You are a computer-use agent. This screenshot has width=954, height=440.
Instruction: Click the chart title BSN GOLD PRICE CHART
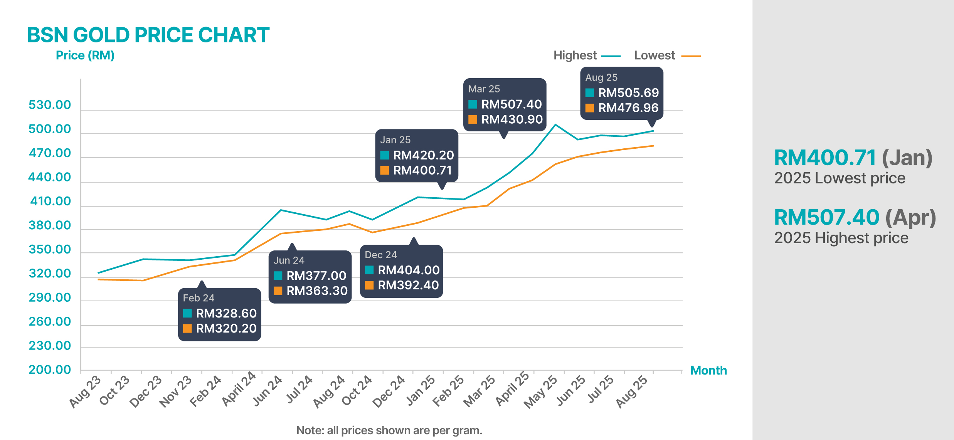point(148,35)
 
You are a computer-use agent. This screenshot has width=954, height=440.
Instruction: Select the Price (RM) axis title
point(85,55)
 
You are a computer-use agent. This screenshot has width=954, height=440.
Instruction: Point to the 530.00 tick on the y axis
point(50,105)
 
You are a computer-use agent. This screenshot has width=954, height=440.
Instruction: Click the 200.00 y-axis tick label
point(50,369)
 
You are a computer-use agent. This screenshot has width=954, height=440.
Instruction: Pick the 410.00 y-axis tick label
point(50,201)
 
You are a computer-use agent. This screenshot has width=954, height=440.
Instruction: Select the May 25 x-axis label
point(540,391)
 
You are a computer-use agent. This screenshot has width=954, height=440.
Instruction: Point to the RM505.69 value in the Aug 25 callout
point(628,93)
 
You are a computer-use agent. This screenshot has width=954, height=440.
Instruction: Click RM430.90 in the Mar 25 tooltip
point(512,119)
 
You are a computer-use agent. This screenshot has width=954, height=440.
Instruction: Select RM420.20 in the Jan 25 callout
point(423,155)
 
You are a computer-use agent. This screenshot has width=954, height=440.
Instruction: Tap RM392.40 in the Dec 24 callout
point(408,285)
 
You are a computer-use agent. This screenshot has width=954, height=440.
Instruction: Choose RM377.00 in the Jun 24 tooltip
point(316,276)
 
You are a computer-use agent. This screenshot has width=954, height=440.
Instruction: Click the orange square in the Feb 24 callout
point(187,328)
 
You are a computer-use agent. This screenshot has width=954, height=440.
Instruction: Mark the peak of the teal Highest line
point(555,124)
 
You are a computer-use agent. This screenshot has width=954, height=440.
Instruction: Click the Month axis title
point(708,370)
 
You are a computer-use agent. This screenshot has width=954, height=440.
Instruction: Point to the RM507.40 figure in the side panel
point(826,217)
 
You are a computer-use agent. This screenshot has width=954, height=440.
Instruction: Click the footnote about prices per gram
point(389,430)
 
